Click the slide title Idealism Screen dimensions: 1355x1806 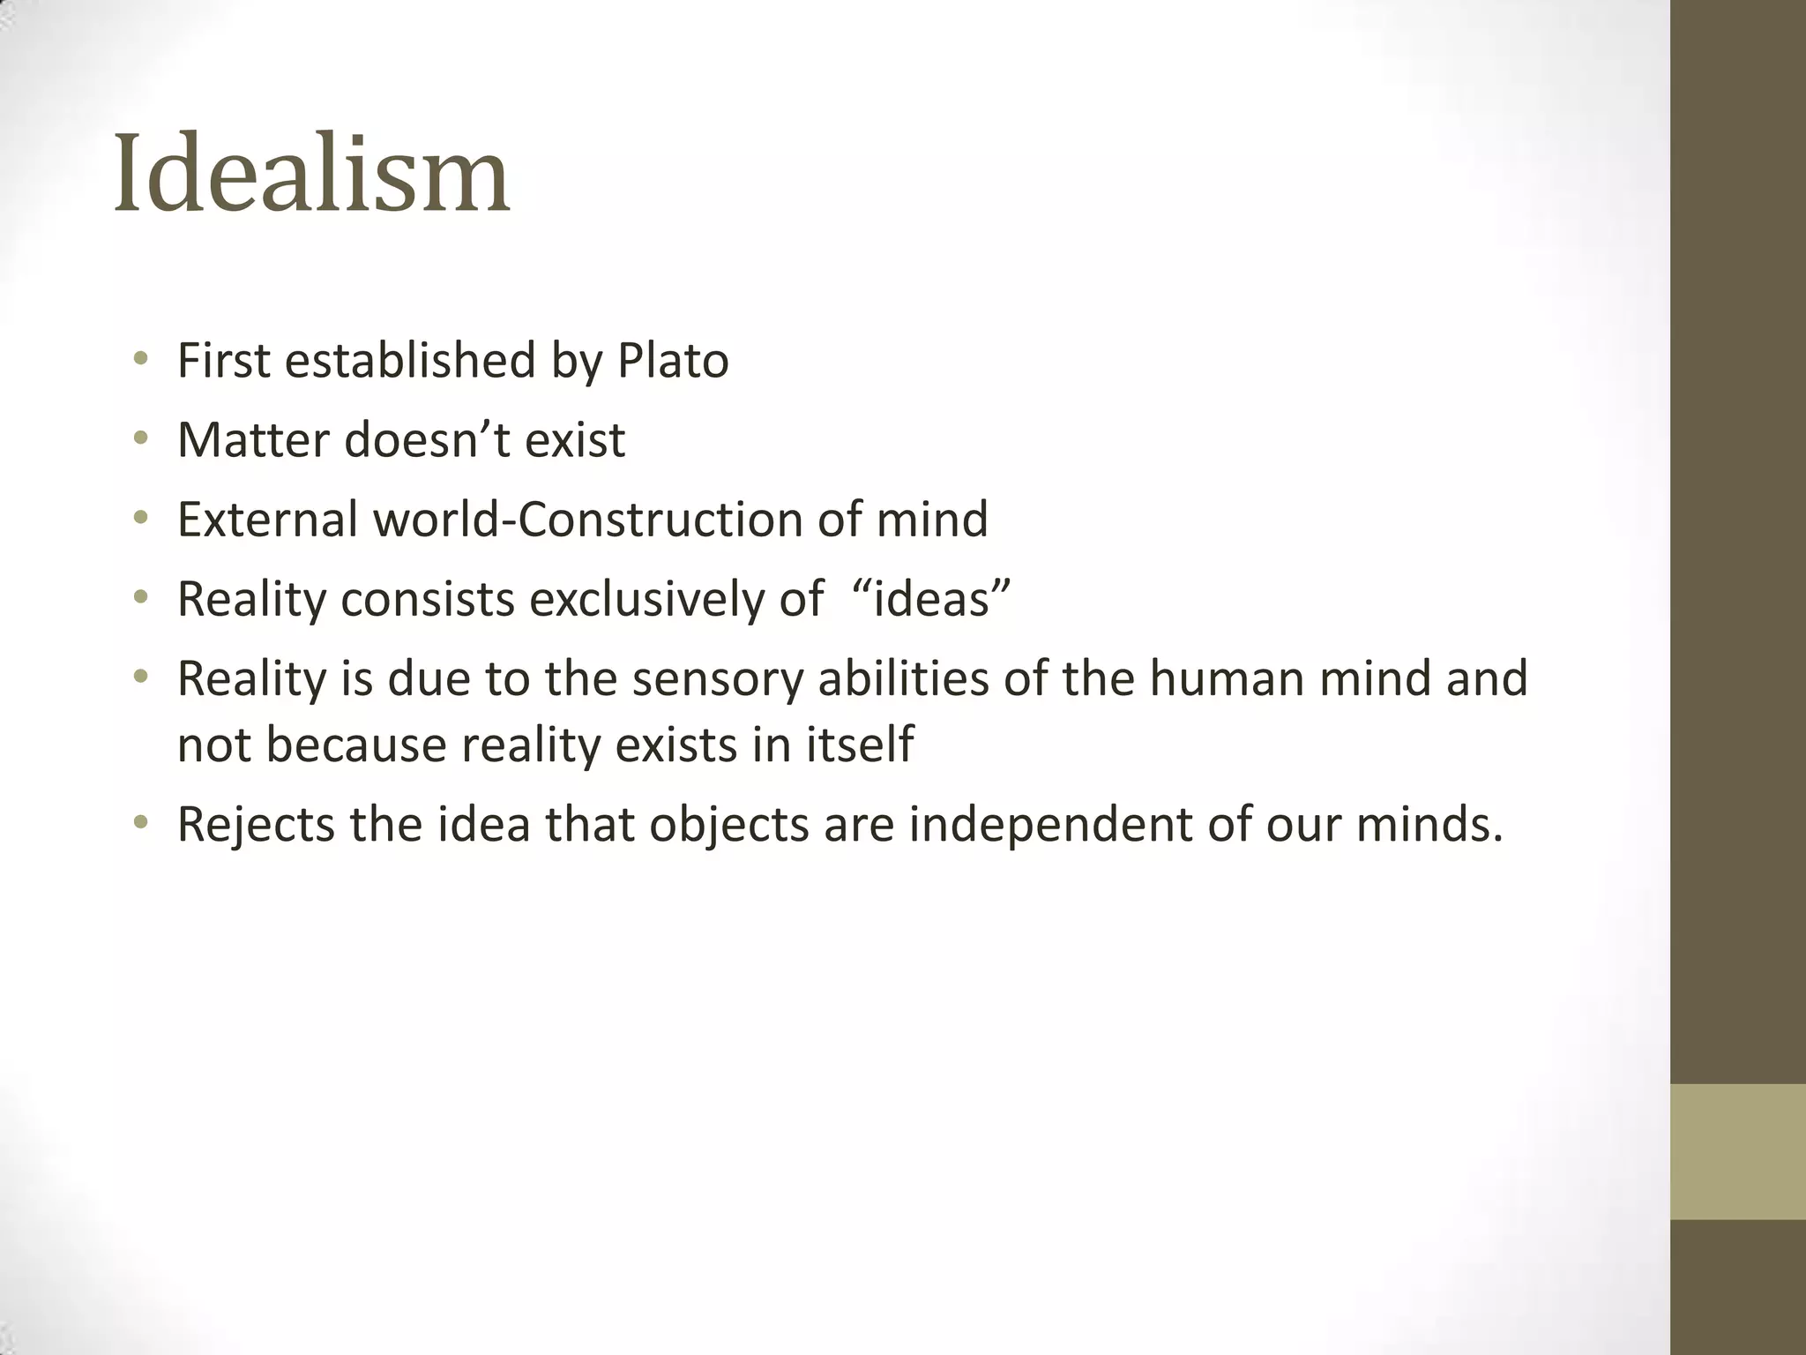[x=311, y=174]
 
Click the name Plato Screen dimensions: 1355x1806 [x=673, y=361]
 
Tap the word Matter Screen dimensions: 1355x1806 [x=253, y=439]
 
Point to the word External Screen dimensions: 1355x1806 [x=268, y=519]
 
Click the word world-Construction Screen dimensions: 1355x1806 [x=588, y=519]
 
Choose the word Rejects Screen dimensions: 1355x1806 [x=256, y=825]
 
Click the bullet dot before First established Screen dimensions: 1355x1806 [x=140, y=360]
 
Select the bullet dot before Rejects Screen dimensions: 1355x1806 [x=140, y=824]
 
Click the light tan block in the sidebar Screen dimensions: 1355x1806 [x=1737, y=1151]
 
